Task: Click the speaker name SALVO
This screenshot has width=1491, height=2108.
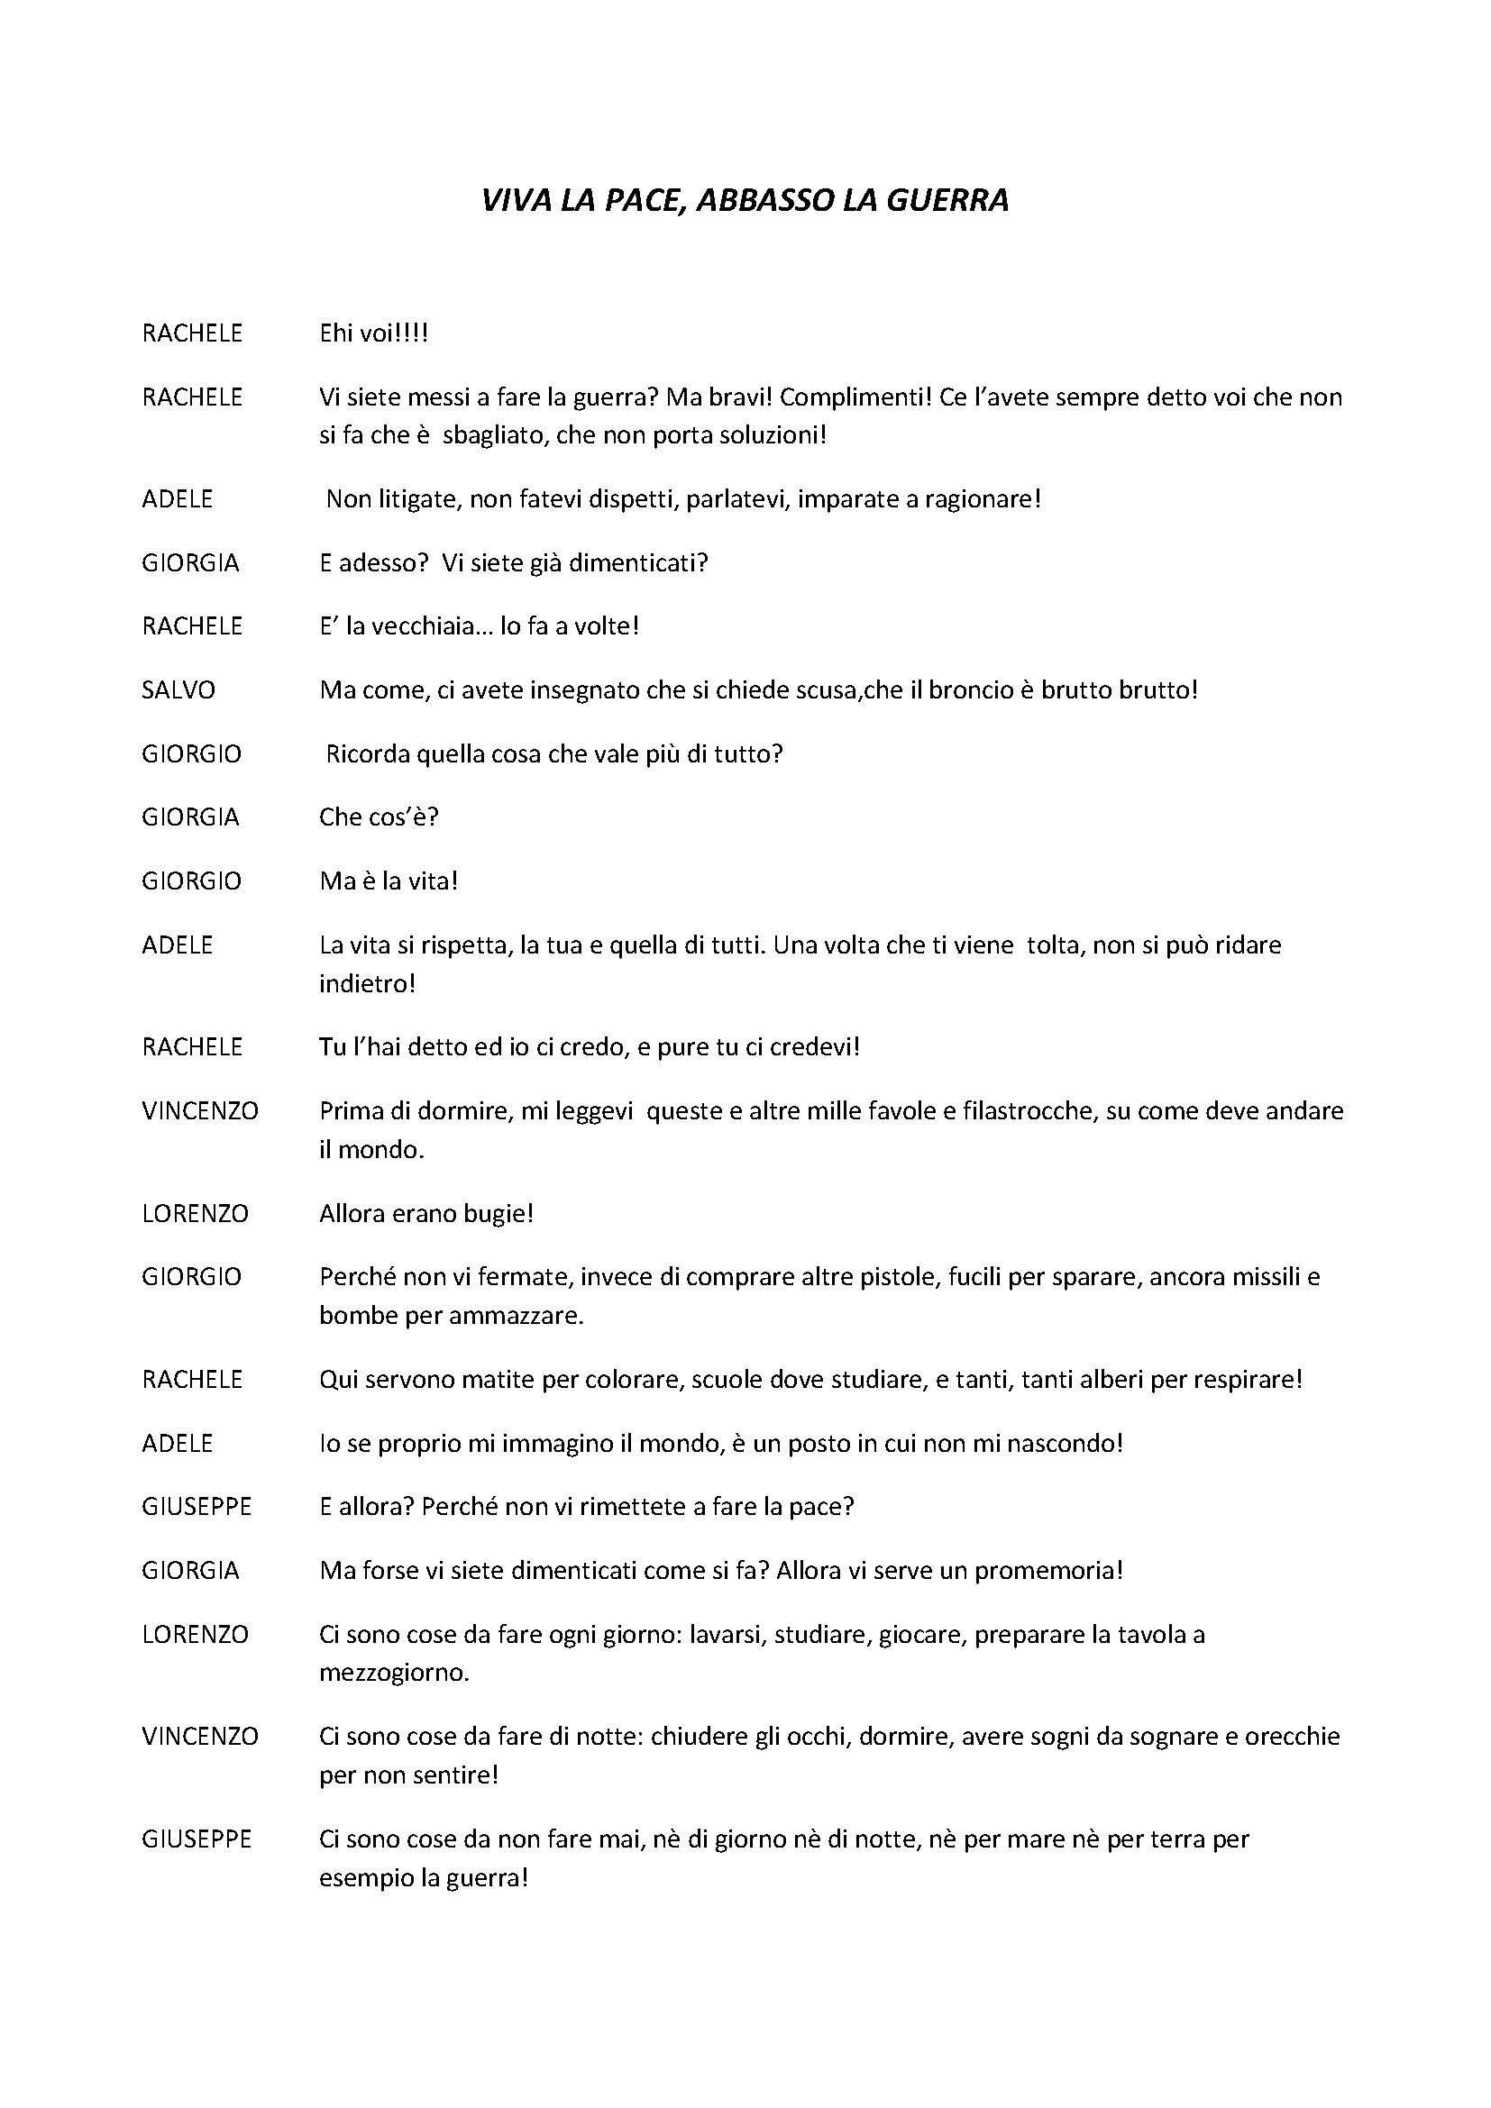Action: point(178,689)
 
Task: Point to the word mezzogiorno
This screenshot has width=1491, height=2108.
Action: point(394,1673)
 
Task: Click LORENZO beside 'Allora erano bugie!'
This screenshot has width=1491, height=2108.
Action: point(195,1214)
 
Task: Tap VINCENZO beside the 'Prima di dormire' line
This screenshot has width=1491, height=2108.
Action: point(200,1111)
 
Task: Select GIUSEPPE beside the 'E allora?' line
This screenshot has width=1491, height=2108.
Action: point(197,1507)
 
